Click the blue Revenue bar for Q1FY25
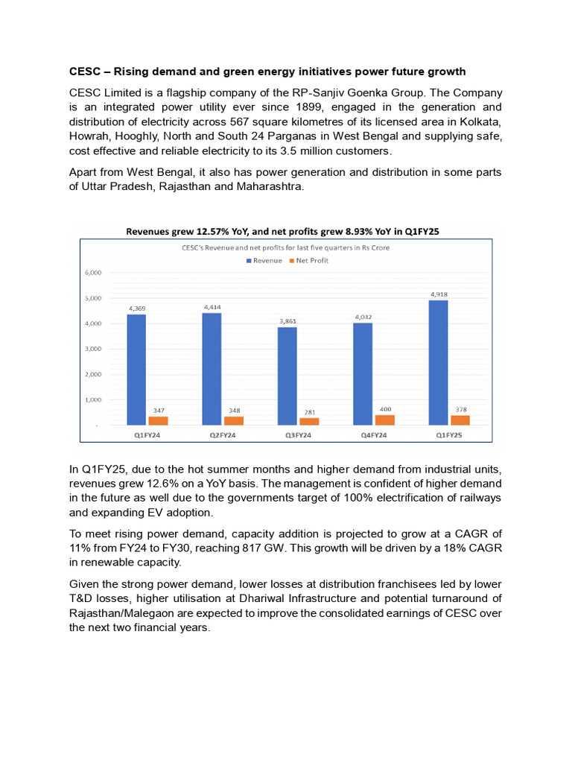click(x=438, y=362)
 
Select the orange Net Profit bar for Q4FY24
click(x=385, y=420)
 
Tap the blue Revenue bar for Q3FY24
click(x=287, y=376)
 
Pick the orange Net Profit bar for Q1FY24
click(x=158, y=421)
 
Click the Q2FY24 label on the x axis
click(x=221, y=434)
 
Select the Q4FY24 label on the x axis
click(x=373, y=434)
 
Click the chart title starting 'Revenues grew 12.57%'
click(x=282, y=232)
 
